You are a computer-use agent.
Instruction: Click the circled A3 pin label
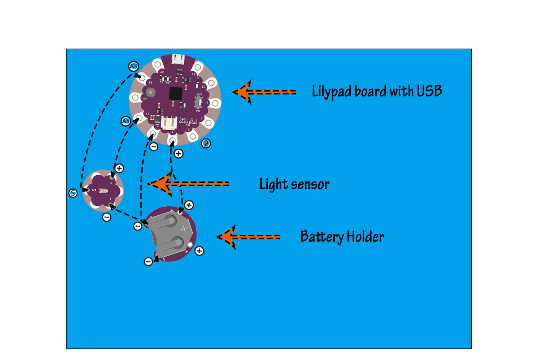(x=134, y=66)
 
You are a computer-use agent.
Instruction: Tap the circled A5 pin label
(x=125, y=121)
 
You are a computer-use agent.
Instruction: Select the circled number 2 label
(x=206, y=144)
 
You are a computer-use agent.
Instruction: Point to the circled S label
(x=73, y=193)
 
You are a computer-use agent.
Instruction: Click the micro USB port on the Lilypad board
(x=178, y=59)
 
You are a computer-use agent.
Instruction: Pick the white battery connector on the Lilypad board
(x=168, y=123)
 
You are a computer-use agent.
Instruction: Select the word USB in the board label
(x=429, y=91)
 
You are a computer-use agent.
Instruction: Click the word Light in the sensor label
(x=273, y=184)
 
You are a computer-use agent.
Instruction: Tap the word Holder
(x=365, y=237)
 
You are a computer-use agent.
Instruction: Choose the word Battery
(x=322, y=237)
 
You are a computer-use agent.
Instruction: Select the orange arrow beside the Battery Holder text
(x=248, y=237)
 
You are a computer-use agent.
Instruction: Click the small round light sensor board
(x=103, y=190)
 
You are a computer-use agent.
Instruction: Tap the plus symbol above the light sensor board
(x=119, y=168)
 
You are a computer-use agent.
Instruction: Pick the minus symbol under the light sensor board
(x=107, y=217)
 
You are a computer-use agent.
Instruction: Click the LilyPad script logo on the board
(x=188, y=122)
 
